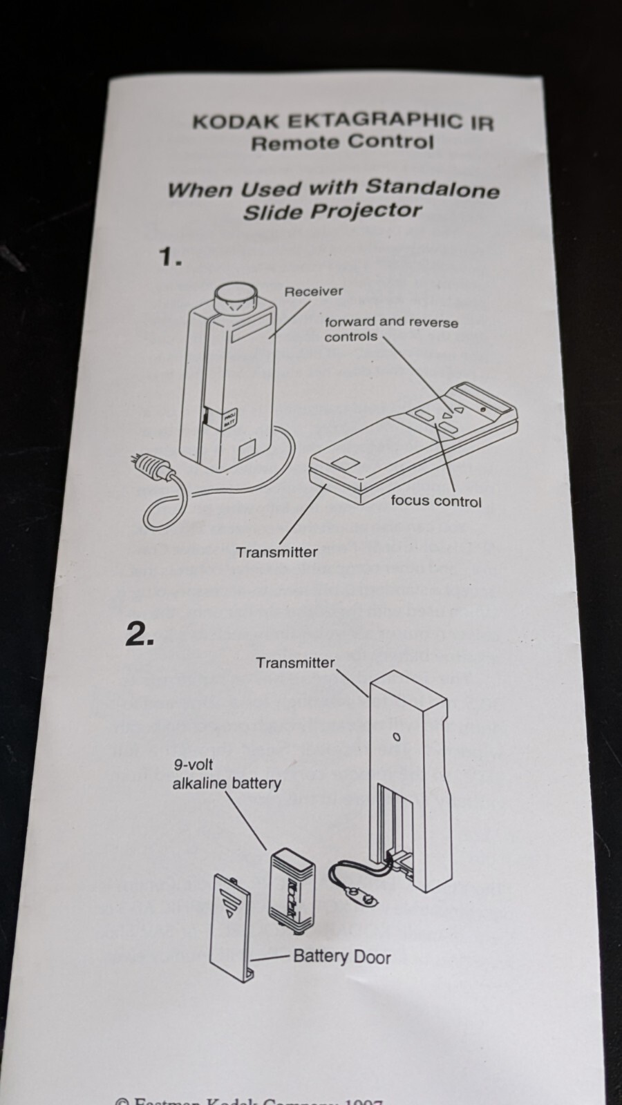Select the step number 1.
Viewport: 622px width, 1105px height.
tap(170, 258)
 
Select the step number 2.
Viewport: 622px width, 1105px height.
tap(140, 635)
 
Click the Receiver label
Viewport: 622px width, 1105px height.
tap(313, 291)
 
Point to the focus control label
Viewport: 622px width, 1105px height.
tap(436, 501)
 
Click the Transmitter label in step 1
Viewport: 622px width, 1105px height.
tap(276, 552)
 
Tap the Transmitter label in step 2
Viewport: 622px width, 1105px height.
tap(295, 663)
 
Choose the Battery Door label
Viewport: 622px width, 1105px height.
tap(341, 957)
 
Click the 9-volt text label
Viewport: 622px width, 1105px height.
tap(193, 765)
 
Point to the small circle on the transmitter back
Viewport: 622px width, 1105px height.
tap(397, 737)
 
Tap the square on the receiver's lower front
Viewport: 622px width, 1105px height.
tap(247, 453)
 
